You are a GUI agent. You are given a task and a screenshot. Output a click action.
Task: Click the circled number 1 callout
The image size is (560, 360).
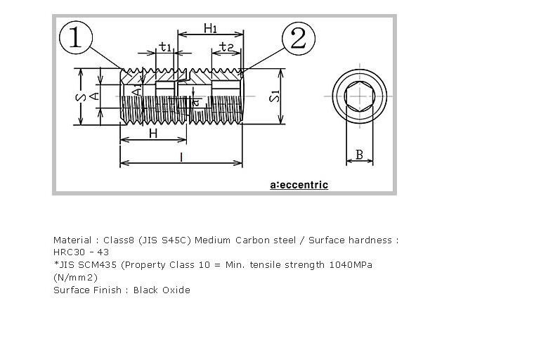point(76,37)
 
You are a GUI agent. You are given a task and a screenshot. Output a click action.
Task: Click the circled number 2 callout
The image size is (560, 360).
point(299,38)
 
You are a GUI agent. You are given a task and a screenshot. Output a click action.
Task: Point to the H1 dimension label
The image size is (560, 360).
point(210,28)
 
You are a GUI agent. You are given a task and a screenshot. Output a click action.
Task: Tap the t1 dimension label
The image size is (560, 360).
point(165,47)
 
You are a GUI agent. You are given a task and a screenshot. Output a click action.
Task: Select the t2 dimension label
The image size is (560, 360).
point(226,47)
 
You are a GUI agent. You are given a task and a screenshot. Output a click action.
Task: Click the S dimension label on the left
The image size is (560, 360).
point(82,97)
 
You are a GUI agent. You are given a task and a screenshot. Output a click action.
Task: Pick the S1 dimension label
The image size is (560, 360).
point(275,96)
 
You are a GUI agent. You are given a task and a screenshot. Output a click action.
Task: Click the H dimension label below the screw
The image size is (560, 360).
point(153,134)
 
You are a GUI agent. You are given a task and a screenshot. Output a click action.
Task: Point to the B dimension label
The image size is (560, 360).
point(359,155)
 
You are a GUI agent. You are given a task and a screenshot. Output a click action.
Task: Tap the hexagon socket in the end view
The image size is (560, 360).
point(360,96)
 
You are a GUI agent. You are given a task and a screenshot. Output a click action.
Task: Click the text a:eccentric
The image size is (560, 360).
point(299,185)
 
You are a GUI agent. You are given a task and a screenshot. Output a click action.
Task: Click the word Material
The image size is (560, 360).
point(72,240)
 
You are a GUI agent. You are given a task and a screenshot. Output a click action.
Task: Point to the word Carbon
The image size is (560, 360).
point(252,240)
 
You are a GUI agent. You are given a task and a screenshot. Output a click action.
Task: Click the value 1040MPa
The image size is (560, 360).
point(351,265)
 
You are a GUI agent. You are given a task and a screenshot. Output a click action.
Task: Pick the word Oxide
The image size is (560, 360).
point(176,290)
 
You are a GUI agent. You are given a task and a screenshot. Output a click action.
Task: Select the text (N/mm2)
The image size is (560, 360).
point(75,278)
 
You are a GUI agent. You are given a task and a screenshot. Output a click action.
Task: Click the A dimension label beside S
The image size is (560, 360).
point(95,96)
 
